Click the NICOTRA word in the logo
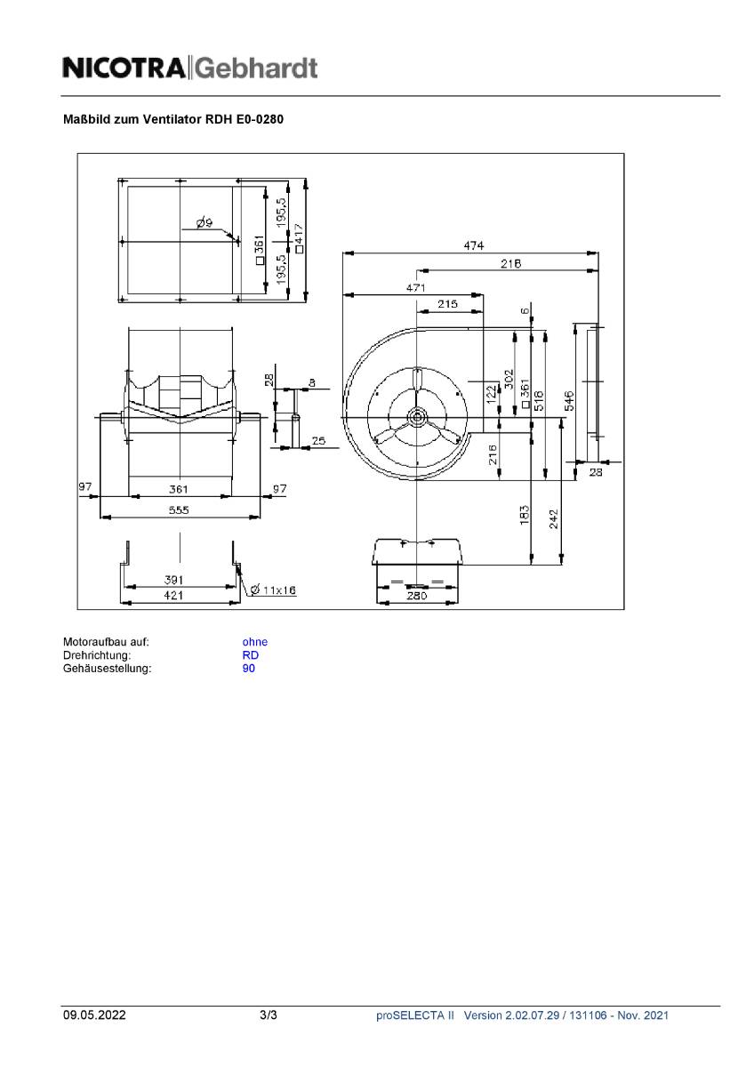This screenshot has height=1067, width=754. (124, 68)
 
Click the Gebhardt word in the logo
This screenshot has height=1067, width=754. (255, 68)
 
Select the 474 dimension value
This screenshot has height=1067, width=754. (473, 246)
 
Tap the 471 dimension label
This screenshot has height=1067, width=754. (415, 287)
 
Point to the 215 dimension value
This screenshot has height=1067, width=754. (447, 304)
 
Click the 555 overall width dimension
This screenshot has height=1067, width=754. (180, 510)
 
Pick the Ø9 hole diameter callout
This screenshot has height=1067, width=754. (204, 222)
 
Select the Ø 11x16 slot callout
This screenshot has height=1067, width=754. (273, 590)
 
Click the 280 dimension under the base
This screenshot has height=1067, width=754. (417, 596)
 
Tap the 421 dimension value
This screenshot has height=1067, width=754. (174, 596)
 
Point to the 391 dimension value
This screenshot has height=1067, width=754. (174, 580)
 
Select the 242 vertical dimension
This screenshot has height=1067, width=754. (554, 517)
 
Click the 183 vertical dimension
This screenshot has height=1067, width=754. (525, 514)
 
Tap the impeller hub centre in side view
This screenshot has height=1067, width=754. (417, 416)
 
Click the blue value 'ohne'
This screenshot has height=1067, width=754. (254, 642)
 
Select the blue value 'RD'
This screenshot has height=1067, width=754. (250, 655)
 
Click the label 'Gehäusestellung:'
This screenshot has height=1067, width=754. (107, 669)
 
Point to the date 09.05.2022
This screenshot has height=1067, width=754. (94, 1015)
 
